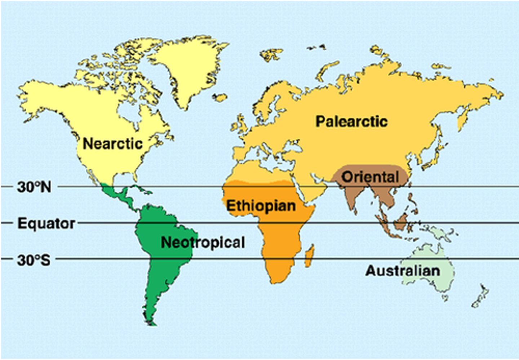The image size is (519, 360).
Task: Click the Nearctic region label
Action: [113, 144]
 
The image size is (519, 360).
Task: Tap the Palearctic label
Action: [351, 121]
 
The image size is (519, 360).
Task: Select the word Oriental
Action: [370, 177]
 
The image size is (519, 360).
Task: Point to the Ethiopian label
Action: [261, 206]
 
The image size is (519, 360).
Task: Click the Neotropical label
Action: [203, 242]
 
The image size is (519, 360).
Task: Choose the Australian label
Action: [403, 271]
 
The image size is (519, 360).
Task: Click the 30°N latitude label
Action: [34, 187]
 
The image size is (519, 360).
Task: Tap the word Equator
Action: [46, 223]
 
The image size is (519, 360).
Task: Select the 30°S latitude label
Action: [34, 260]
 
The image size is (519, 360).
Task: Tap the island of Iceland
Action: [219, 97]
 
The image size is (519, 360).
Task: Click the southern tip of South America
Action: [153, 322]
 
